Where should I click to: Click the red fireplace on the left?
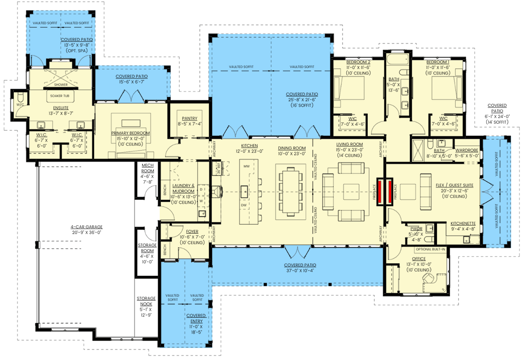click(x=381, y=192)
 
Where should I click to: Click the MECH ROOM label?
click(x=147, y=168)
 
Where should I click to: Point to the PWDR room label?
click(x=416, y=229)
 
